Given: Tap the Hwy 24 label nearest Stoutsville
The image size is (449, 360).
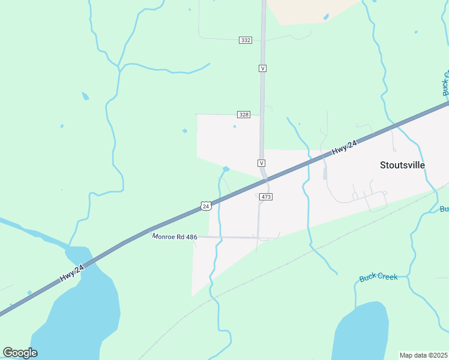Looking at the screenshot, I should click(x=345, y=148).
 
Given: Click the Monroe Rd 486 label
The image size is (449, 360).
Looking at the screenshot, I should click(x=175, y=237).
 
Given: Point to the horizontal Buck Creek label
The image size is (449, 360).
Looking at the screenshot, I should click(x=378, y=278).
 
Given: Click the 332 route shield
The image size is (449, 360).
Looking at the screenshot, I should click(x=245, y=40).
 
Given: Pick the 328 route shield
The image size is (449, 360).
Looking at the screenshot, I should click(x=243, y=115).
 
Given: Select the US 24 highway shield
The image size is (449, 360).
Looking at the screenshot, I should click(x=206, y=206).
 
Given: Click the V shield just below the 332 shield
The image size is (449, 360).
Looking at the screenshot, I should click(x=262, y=68).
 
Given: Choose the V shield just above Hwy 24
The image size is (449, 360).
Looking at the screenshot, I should click(x=262, y=163).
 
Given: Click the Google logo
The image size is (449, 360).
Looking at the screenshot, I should click(x=20, y=352).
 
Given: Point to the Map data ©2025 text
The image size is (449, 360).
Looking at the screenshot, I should click(x=424, y=355).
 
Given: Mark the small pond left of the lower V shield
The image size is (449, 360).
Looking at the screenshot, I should click(x=226, y=169).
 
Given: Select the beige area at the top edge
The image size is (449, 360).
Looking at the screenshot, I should click(x=312, y=11).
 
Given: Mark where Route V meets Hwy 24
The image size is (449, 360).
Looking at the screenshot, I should click(x=265, y=179).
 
